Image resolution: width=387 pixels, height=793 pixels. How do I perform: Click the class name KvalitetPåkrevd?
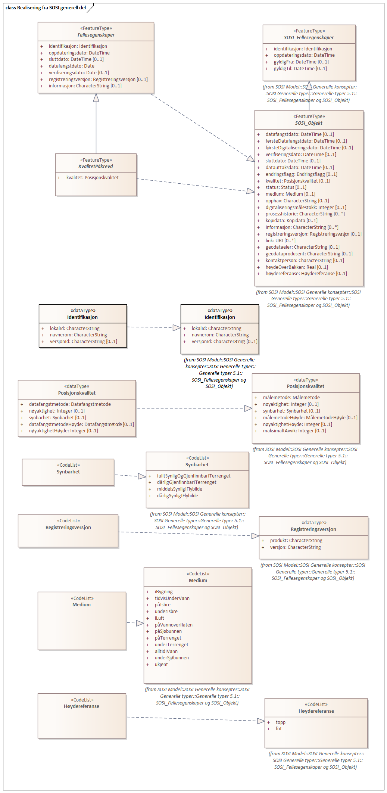point(96,167)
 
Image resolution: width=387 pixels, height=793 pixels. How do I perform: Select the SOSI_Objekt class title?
point(309,123)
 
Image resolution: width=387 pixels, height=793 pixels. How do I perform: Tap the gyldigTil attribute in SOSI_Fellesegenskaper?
point(300,69)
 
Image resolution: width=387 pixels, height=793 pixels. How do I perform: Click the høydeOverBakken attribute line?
point(297,267)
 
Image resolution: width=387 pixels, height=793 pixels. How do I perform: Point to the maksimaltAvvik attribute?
point(294,431)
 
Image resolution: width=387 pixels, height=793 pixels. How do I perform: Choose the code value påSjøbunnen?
point(168,631)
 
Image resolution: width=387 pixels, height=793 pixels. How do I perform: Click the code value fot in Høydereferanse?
point(279,729)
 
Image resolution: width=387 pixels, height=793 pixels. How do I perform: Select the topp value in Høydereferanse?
point(281,722)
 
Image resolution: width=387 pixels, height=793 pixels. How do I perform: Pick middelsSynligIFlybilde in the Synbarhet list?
point(180,489)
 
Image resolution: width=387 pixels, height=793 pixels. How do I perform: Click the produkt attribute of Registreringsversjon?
point(296,541)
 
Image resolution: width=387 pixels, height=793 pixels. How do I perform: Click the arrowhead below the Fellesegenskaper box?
point(96,98)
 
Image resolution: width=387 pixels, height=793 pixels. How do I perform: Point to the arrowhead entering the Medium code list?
point(140,623)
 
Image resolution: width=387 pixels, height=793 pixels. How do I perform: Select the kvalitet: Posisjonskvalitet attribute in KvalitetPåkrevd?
point(93,178)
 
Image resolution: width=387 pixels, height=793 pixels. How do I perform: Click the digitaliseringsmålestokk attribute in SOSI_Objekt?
point(306,208)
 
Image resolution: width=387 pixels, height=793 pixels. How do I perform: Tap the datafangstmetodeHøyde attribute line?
point(81,425)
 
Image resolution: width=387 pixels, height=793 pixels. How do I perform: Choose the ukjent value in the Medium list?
point(161,665)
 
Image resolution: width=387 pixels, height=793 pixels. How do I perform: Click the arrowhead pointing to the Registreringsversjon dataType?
point(255,536)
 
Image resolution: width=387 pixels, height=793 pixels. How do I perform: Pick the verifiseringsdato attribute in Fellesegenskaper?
point(79,73)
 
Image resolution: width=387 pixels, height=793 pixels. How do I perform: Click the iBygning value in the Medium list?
point(164,592)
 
